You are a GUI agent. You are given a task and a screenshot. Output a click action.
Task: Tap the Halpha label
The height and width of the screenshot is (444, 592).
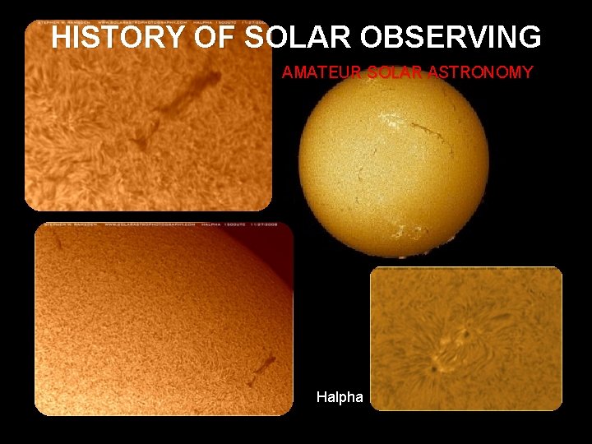[x=340, y=397]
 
